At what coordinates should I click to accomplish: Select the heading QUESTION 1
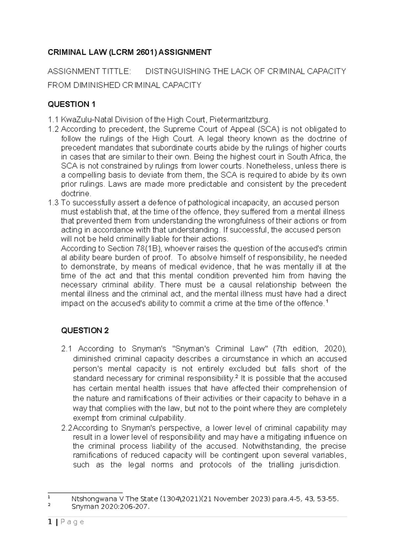point(71,104)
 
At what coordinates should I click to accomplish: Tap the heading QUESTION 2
point(85,331)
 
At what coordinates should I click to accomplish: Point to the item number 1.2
point(53,129)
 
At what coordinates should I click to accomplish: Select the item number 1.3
point(53,202)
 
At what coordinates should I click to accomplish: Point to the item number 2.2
point(67,428)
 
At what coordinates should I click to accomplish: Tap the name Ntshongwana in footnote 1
point(92,499)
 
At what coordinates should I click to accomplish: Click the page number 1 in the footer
point(49,522)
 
